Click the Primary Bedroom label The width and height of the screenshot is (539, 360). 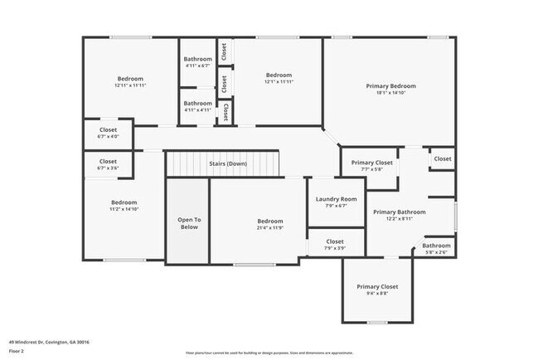click(391, 85)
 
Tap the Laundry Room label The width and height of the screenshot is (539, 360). click(337, 199)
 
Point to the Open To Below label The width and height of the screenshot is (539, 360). click(189, 223)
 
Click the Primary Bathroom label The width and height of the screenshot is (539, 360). click(399, 212)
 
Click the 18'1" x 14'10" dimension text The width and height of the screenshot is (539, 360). click(391, 94)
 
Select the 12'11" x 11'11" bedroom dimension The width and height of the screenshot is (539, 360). click(130, 85)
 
